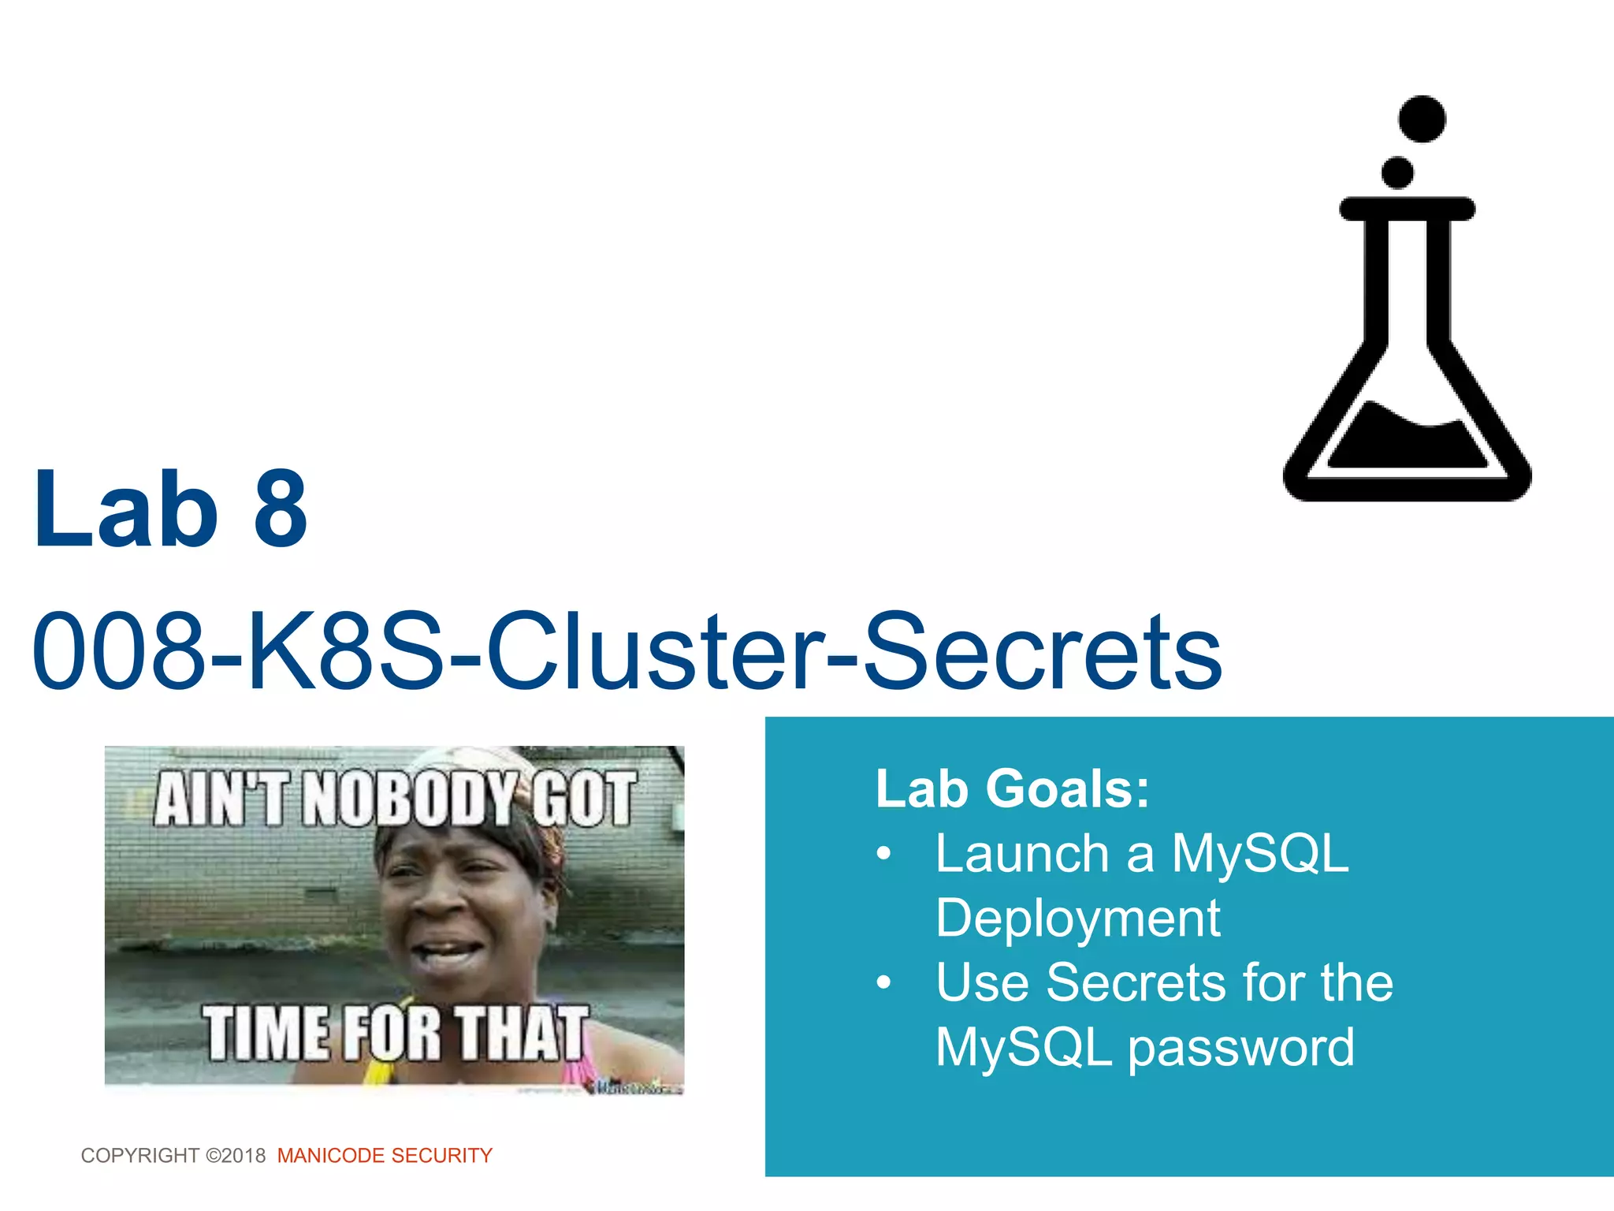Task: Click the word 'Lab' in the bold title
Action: (x=126, y=509)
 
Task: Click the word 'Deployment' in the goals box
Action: (x=1077, y=918)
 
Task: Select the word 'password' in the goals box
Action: (x=1241, y=1049)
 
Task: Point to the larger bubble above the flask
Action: (x=1422, y=119)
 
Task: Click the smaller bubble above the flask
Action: (x=1397, y=173)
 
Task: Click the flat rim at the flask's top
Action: (x=1407, y=209)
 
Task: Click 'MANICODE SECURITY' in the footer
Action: (x=385, y=1156)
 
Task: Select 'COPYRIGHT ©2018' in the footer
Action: (x=173, y=1156)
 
